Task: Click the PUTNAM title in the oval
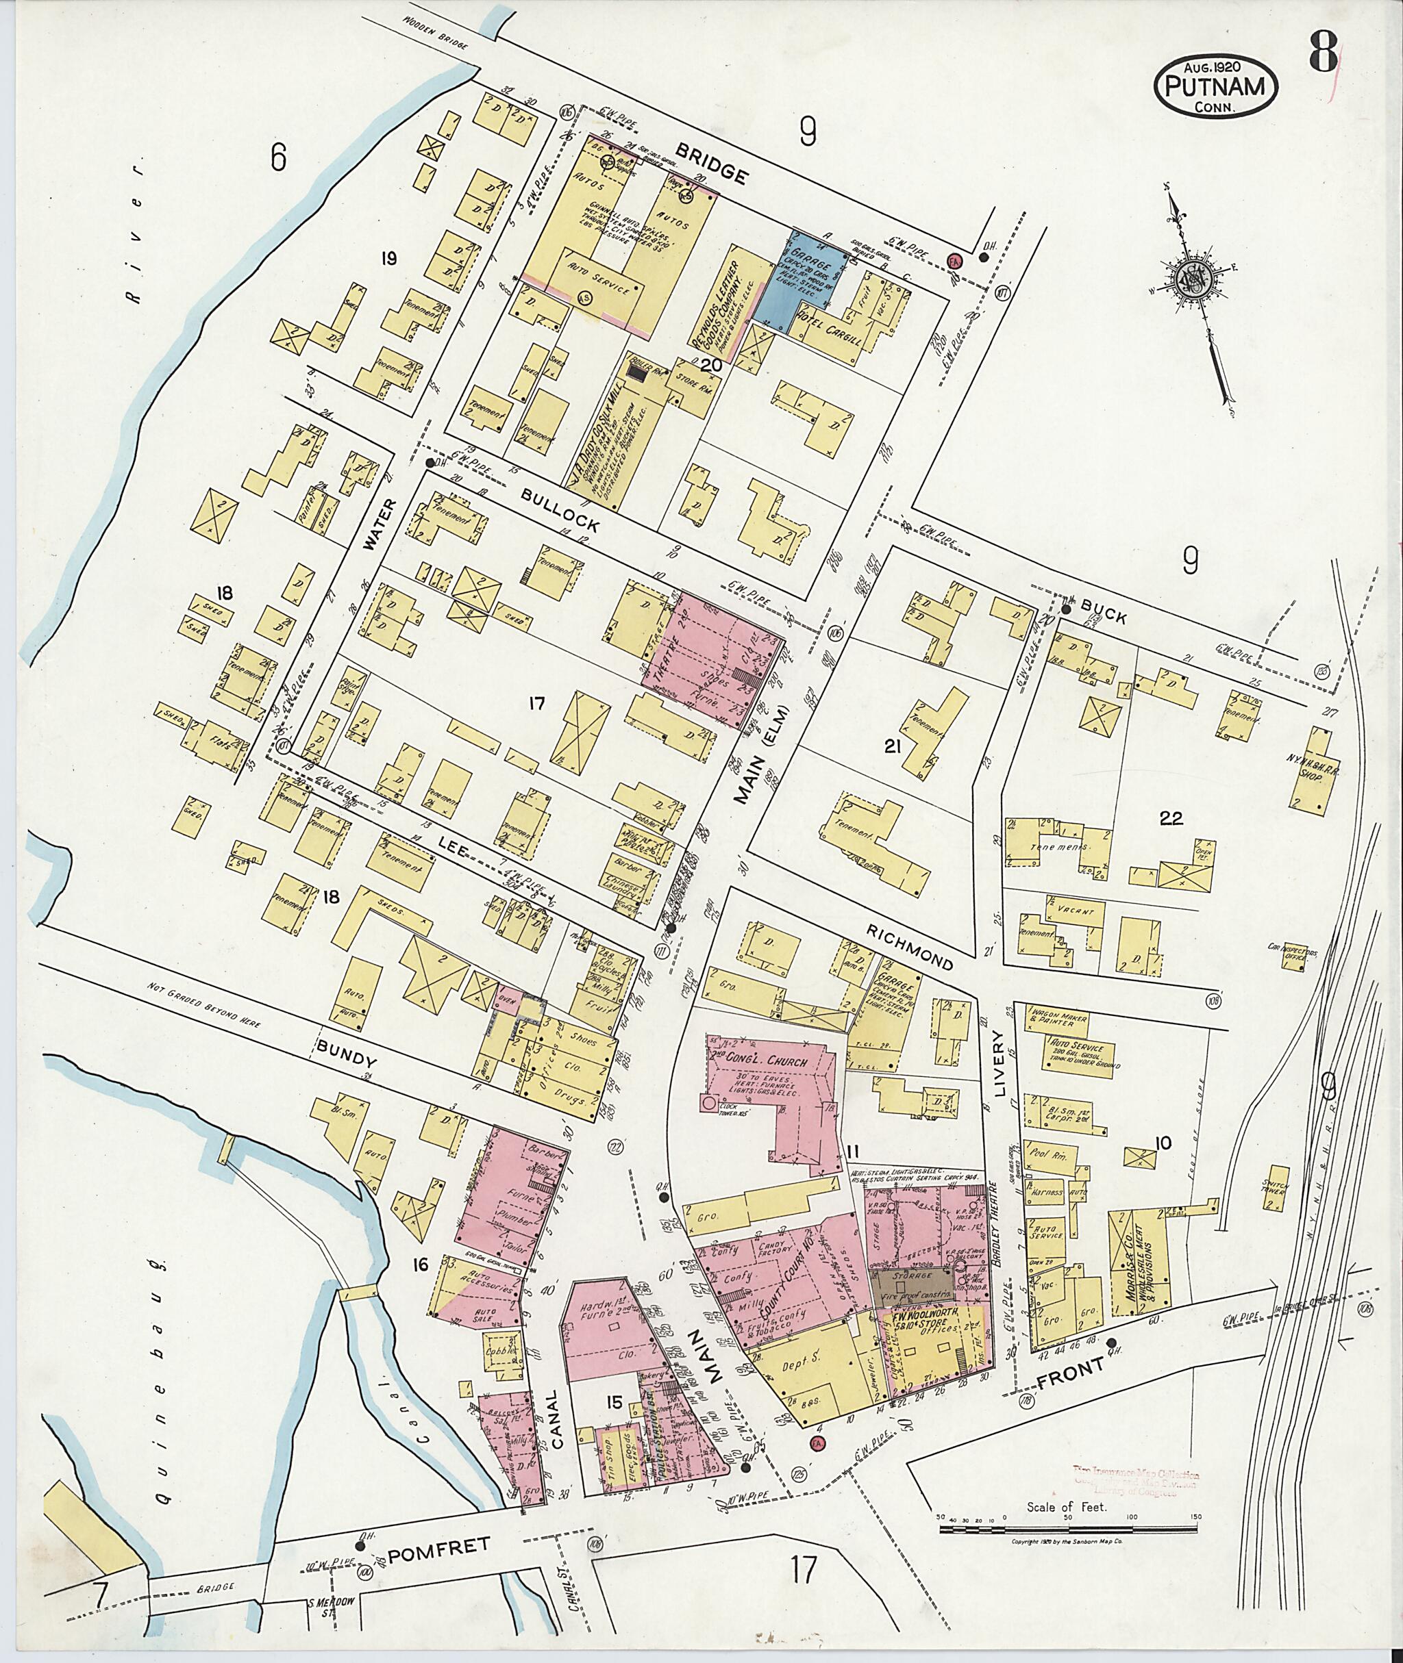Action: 1216,87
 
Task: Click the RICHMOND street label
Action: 909,946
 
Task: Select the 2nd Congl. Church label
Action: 761,1062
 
